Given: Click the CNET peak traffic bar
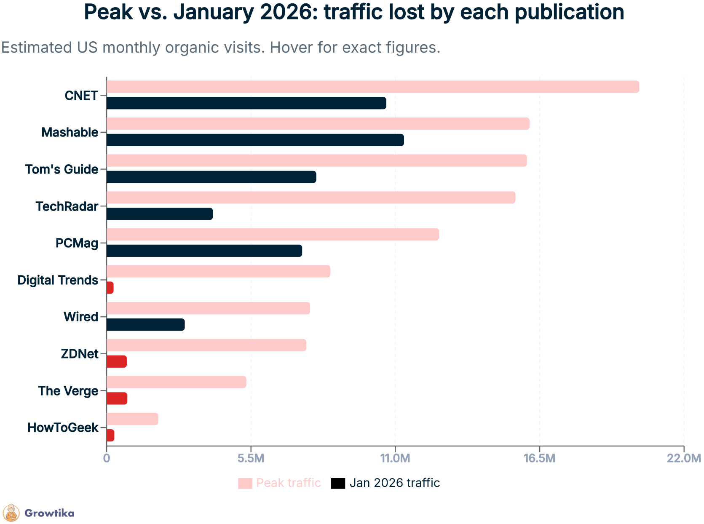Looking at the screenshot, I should [x=372, y=87].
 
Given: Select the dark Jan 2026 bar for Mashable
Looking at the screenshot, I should [x=255, y=140].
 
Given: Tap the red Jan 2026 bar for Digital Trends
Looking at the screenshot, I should [x=110, y=288].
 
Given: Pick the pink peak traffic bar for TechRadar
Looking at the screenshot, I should [x=311, y=198].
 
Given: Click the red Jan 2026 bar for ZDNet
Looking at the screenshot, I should [x=116, y=362].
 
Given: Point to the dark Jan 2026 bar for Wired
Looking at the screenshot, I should [x=145, y=325].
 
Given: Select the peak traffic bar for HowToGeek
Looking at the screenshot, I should [x=132, y=419].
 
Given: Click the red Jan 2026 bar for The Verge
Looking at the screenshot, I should [x=117, y=398].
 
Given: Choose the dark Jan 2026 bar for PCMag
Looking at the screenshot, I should [x=204, y=251].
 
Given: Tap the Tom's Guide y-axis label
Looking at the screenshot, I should [x=62, y=169].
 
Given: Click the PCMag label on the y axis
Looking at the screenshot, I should [x=77, y=243].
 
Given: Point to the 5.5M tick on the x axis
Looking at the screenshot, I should [x=251, y=458].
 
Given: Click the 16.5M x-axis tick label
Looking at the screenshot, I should [x=539, y=458].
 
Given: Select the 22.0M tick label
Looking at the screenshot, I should [x=683, y=458].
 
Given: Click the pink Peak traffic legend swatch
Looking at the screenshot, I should [x=245, y=483].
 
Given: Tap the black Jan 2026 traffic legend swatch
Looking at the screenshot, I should [x=338, y=483].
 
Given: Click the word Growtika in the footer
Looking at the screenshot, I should [x=49, y=513].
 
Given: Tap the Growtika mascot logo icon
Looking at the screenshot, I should [x=11, y=513].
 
